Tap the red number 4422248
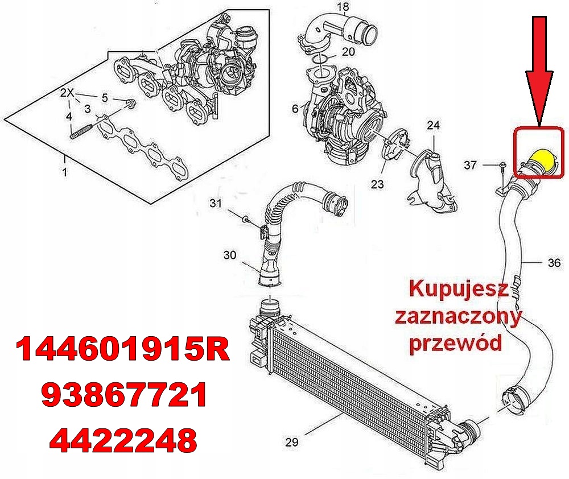123,439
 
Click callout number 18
343,7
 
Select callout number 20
348,51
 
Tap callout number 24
434,125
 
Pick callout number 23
377,184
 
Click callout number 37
470,165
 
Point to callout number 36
554,263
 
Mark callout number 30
229,255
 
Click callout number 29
291,442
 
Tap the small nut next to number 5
130,104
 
